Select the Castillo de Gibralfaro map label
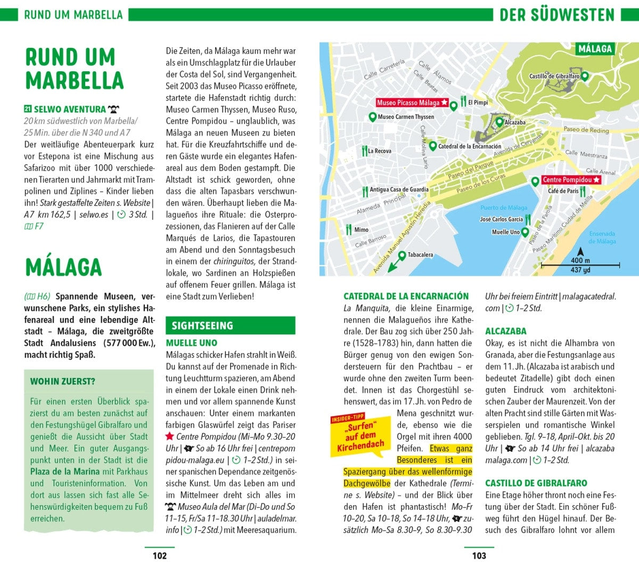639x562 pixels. click(x=554, y=76)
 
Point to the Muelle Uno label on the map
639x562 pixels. click(x=505, y=232)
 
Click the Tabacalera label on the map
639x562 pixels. click(x=420, y=255)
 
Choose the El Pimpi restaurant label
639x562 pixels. click(x=478, y=102)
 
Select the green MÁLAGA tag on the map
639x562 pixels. click(x=595, y=49)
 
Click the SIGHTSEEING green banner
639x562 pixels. click(x=230, y=326)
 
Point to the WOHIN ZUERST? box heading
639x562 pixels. click(x=63, y=382)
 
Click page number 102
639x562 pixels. click(x=160, y=556)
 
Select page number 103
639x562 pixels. click(x=479, y=556)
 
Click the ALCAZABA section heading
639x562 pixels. click(x=505, y=331)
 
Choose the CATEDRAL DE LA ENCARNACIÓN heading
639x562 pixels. click(x=406, y=296)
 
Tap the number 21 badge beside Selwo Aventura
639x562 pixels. click(x=28, y=109)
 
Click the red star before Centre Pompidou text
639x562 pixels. click(x=170, y=436)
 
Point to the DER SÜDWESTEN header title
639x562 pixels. click(x=556, y=15)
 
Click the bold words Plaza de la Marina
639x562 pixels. click(x=65, y=472)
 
